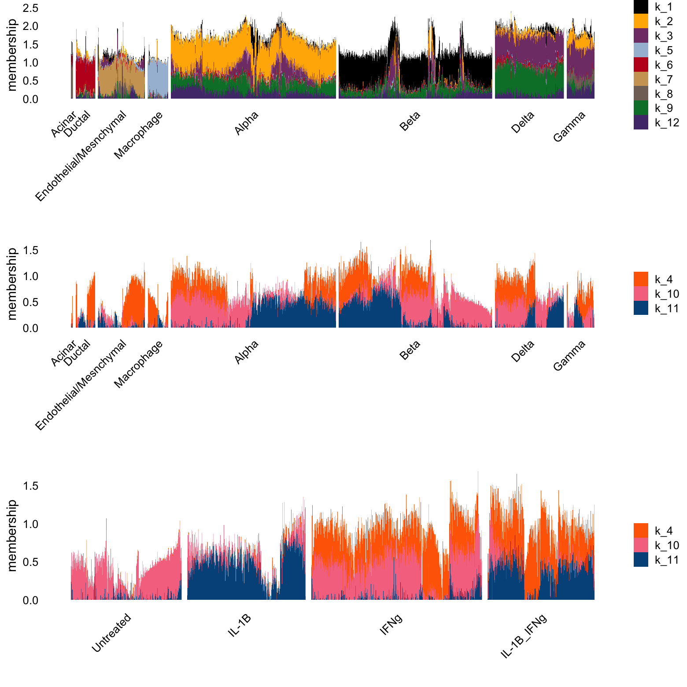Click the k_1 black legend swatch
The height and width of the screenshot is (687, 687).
(x=641, y=7)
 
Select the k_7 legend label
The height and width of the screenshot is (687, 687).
(x=664, y=80)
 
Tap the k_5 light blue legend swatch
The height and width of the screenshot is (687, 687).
(x=641, y=51)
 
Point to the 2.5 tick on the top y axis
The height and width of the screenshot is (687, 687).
(x=30, y=8)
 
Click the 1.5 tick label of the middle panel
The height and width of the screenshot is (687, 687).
(x=30, y=251)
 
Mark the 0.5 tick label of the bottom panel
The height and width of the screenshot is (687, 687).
(x=30, y=562)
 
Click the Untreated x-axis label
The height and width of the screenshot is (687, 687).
(x=111, y=632)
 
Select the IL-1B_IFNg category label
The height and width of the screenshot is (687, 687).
(x=524, y=636)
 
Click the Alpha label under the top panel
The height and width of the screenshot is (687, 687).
(x=246, y=123)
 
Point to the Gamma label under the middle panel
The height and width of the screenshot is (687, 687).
(x=569, y=355)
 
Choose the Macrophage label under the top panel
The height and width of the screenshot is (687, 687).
(x=138, y=135)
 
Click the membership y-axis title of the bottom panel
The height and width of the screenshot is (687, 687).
(x=12, y=535)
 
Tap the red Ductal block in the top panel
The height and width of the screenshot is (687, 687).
(x=85, y=75)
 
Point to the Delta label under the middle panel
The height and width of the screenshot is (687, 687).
(x=523, y=351)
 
